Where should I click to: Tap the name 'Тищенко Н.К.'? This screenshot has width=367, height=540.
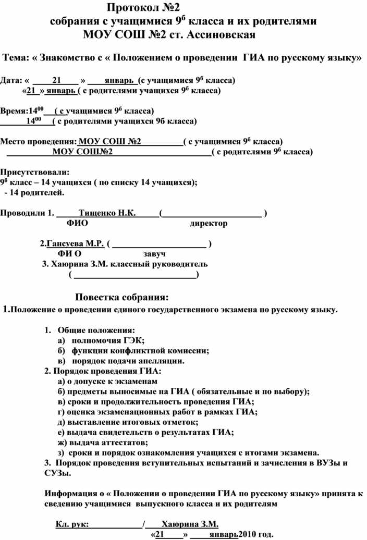[x=107, y=213]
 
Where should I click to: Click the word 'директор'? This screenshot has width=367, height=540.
[x=208, y=224]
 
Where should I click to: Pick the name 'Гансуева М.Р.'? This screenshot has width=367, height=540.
[x=75, y=243]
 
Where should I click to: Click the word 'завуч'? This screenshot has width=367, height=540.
[x=154, y=253]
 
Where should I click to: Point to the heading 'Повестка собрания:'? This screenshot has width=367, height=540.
[x=123, y=298]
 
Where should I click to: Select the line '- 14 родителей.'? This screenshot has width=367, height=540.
[x=35, y=193]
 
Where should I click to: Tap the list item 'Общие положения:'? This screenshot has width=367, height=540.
[x=96, y=330]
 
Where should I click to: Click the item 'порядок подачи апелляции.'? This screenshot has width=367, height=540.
[x=128, y=360]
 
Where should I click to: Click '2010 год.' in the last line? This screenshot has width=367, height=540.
[x=256, y=535]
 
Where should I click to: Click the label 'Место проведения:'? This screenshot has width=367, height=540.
[x=38, y=141]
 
